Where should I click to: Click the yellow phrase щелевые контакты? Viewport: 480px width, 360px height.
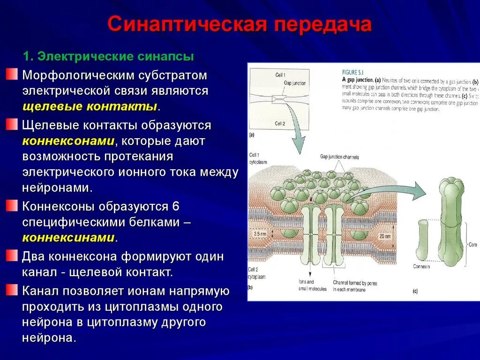tap(90, 106)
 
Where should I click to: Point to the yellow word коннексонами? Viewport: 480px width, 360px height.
tap(68, 141)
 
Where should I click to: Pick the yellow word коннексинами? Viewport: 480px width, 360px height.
tap(68, 237)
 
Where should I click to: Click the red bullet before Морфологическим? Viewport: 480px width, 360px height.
tap(12, 74)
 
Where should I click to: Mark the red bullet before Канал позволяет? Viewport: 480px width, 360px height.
tap(12, 289)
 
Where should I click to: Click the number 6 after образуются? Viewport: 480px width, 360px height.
tap(176, 207)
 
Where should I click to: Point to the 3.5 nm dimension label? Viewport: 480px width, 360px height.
tap(260, 233)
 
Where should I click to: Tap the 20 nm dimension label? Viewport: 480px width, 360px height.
tap(384, 236)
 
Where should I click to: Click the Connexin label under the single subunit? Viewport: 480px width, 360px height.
tap(421, 266)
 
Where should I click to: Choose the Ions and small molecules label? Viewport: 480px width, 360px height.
tap(312, 285)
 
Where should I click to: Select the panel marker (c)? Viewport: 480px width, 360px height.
tap(415, 291)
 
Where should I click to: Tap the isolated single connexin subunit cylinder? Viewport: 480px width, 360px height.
tap(422, 239)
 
